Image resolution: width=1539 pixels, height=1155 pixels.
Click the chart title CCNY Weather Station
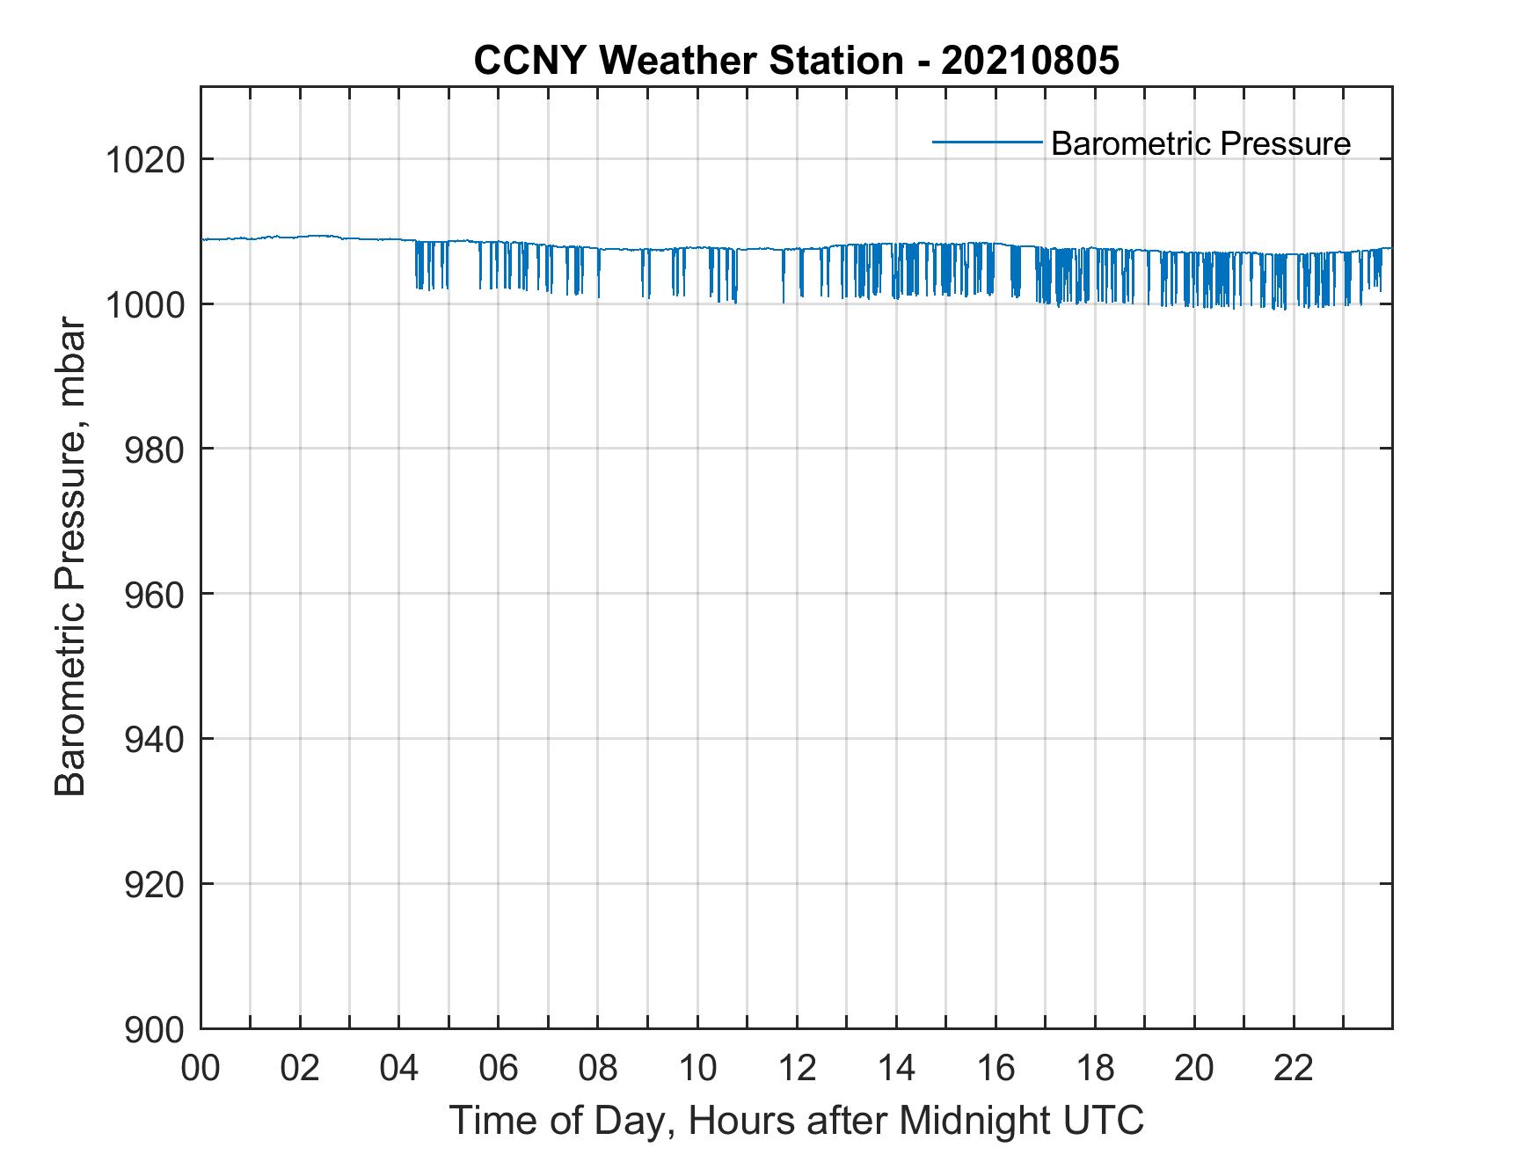[688, 61]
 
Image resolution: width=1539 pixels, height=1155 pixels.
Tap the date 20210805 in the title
[1030, 61]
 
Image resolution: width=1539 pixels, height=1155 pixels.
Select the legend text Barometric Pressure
[1200, 143]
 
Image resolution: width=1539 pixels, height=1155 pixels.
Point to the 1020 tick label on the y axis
[144, 161]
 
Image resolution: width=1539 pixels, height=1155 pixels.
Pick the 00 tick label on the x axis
[201, 1069]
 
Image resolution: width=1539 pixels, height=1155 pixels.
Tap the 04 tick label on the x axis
[399, 1069]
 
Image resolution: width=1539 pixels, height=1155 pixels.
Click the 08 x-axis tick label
[598, 1069]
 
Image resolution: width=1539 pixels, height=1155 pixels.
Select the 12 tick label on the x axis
[797, 1069]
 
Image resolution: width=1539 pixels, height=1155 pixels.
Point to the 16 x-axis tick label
[996, 1069]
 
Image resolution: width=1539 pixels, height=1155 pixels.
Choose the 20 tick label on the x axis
[1194, 1069]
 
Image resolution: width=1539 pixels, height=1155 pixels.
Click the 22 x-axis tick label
[1294, 1069]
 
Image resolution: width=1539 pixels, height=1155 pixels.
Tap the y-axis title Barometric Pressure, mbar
[70, 558]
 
